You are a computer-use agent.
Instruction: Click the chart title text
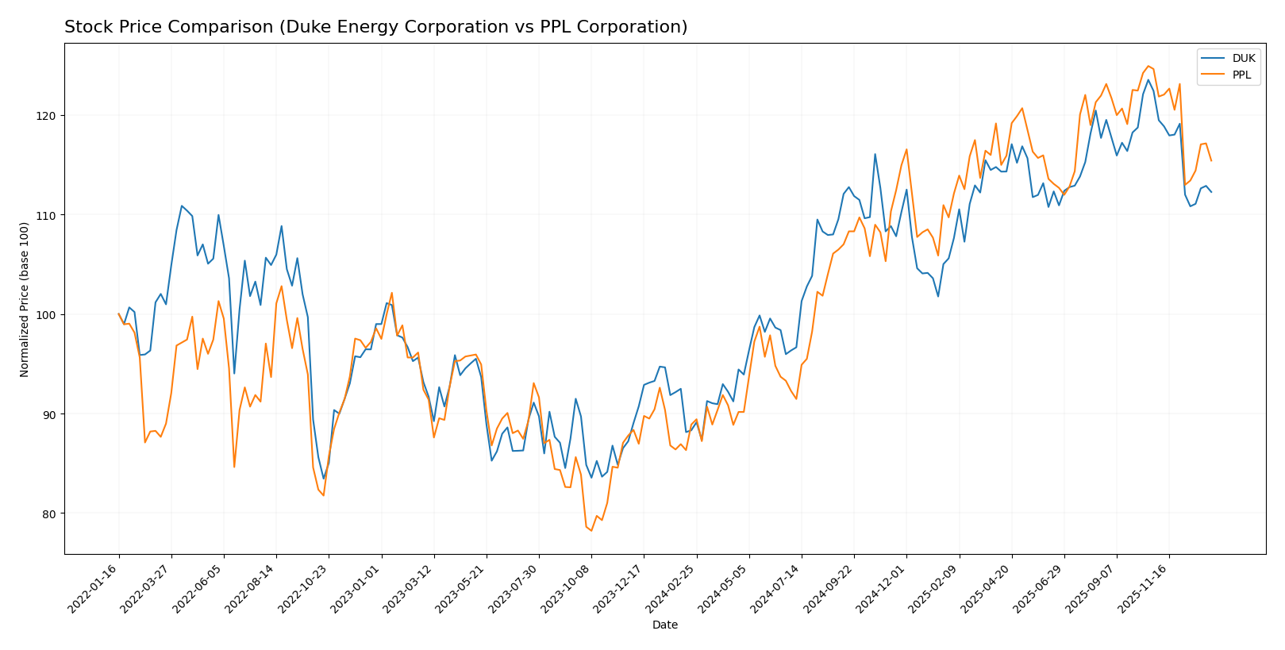(x=375, y=27)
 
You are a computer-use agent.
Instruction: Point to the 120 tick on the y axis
(x=49, y=116)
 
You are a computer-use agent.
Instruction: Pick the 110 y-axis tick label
(x=49, y=215)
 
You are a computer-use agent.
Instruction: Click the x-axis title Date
(x=664, y=625)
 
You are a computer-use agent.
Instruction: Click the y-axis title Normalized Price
(x=25, y=299)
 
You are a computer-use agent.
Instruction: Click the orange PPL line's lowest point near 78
(x=591, y=530)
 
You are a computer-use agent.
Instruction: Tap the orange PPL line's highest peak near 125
(x=1148, y=66)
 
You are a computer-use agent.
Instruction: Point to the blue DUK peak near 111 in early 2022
(x=182, y=206)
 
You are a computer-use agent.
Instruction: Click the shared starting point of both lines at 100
(x=119, y=314)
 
